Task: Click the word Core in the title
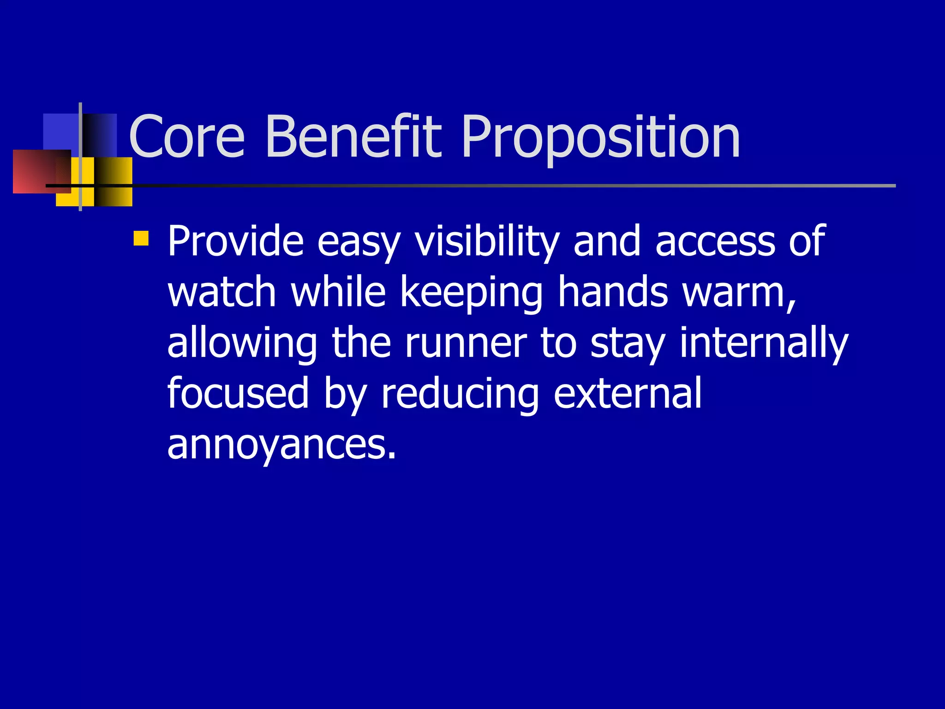187,137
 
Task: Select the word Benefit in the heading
353,137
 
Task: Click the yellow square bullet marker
141,238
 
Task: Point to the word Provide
235,241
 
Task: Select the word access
715,241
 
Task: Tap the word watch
221,292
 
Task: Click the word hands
613,292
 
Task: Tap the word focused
238,393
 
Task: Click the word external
628,393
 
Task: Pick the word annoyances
281,445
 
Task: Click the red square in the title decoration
37,171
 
